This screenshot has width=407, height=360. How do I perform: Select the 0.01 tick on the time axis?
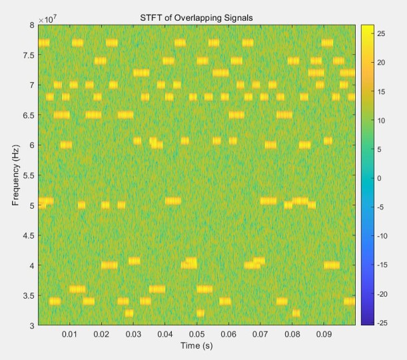pos(70,333)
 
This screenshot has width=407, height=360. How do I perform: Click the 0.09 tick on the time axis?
pos(324,333)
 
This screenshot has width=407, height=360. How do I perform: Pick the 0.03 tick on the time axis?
pos(133,333)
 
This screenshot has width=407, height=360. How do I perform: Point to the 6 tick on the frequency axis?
pos(32,145)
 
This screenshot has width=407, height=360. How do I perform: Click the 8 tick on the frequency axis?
pos(32,25)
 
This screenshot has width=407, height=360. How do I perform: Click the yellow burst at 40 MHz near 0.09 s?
pos(332,265)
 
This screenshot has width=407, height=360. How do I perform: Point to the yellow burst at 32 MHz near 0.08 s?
pos(296,313)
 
